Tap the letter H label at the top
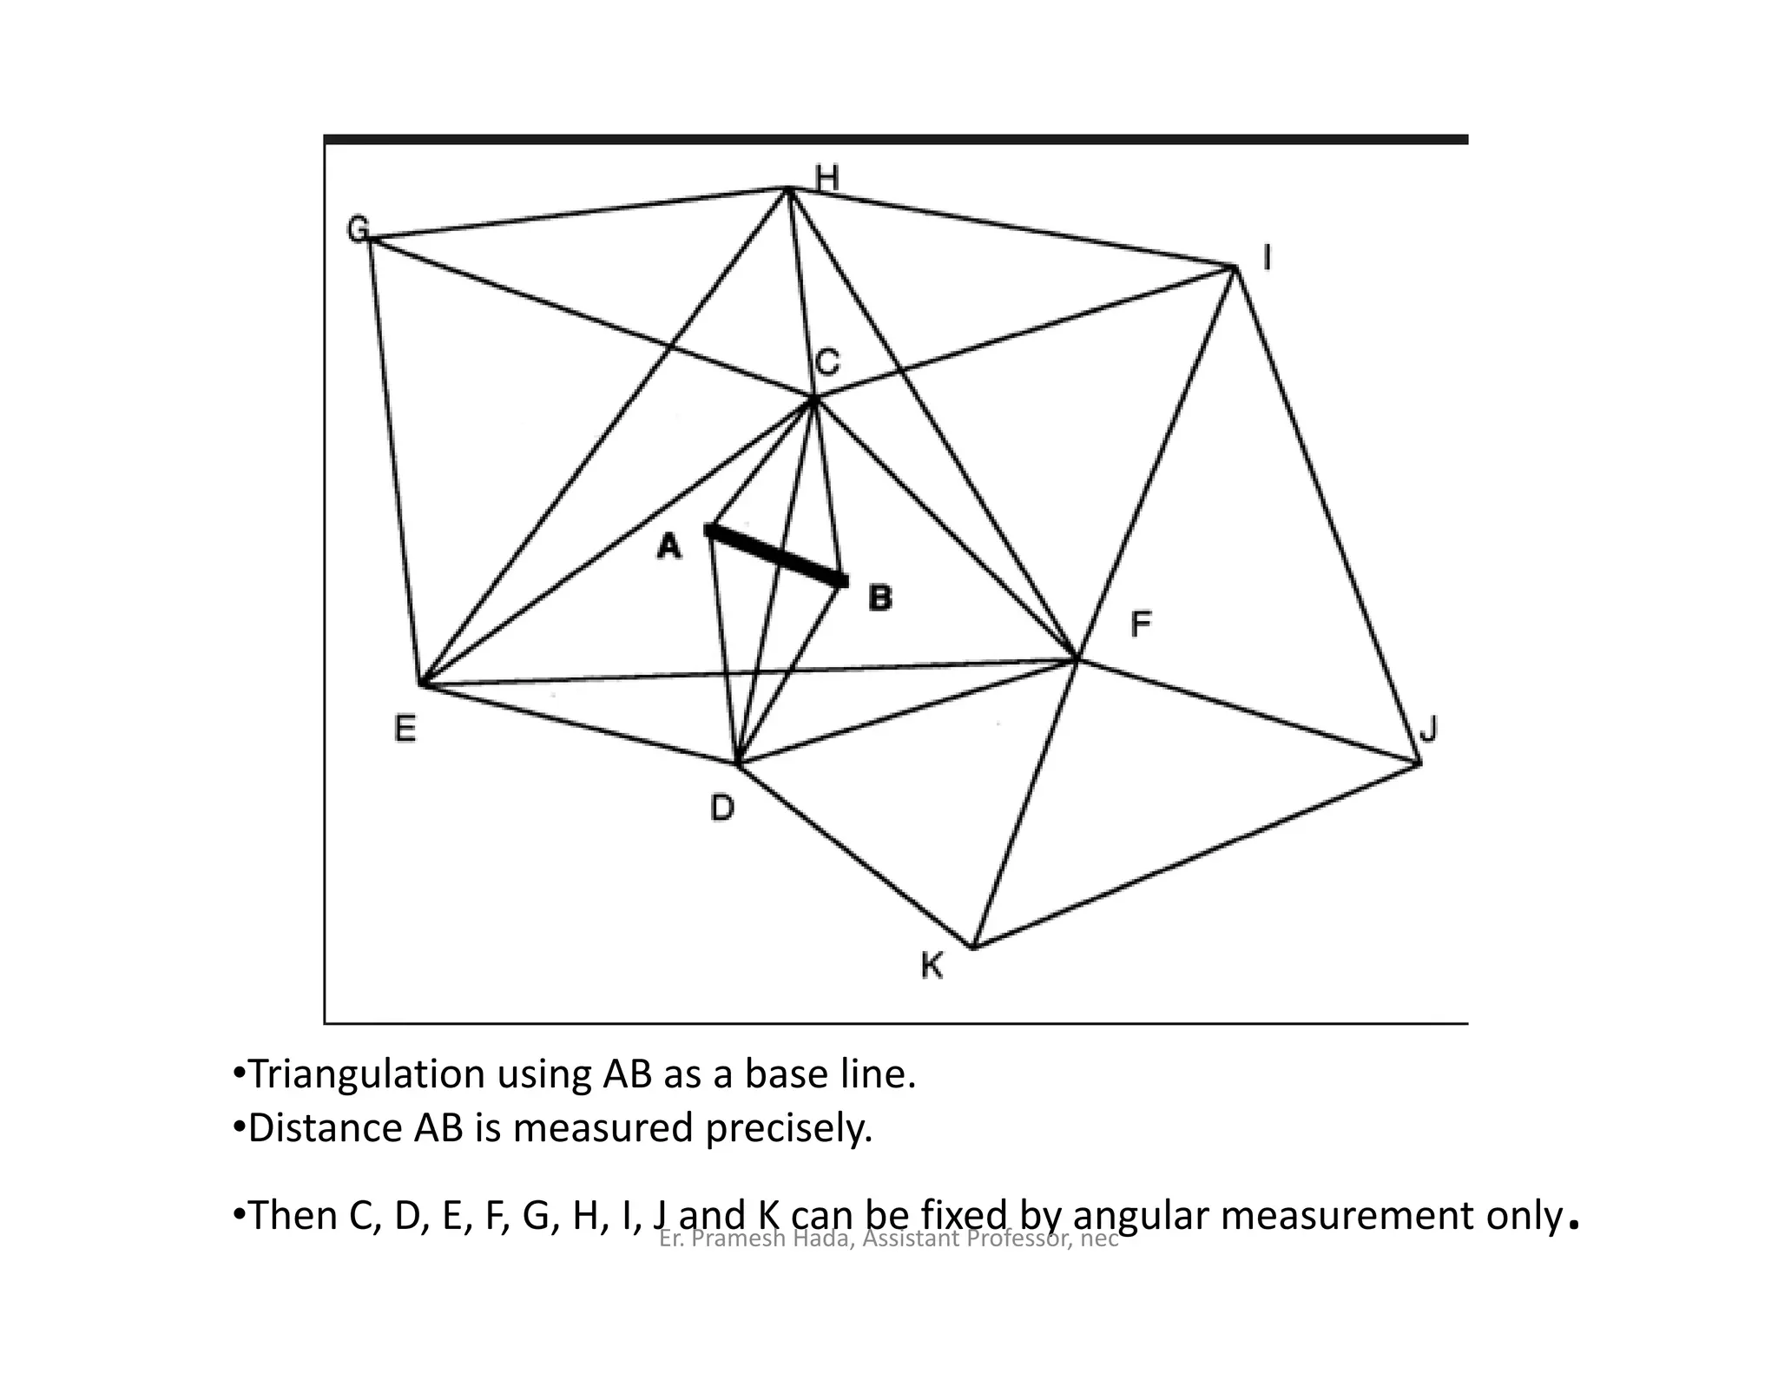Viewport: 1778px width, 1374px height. click(827, 178)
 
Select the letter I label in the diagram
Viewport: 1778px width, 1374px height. click(1267, 258)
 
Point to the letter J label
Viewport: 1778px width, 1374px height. click(1428, 729)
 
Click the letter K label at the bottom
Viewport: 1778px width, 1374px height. click(932, 966)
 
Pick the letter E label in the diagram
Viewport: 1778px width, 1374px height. click(405, 728)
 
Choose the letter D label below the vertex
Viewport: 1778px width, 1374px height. click(722, 809)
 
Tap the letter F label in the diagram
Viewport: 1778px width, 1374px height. click(1141, 624)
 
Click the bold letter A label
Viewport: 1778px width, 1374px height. click(669, 546)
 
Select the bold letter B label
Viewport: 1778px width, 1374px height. click(879, 598)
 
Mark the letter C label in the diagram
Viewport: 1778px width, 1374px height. click(827, 361)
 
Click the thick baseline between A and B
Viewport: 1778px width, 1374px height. click(776, 554)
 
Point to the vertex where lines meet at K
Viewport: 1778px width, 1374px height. click(973, 947)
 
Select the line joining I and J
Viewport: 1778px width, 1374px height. click(1327, 516)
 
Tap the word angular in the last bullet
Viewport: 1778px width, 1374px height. click(1145, 1215)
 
